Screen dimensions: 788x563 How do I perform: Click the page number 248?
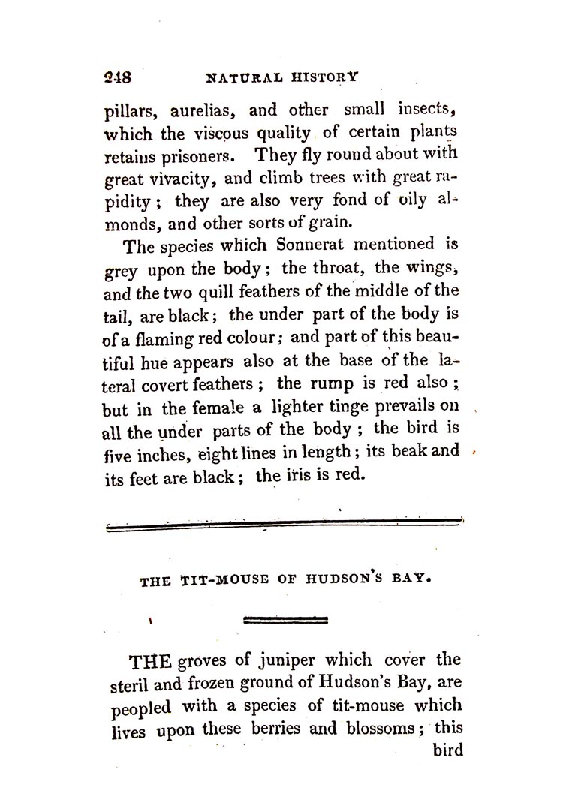pyautogui.click(x=117, y=77)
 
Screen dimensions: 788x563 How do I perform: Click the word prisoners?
pyautogui.click(x=199, y=158)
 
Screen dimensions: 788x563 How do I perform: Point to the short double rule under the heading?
pyautogui.click(x=286, y=620)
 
